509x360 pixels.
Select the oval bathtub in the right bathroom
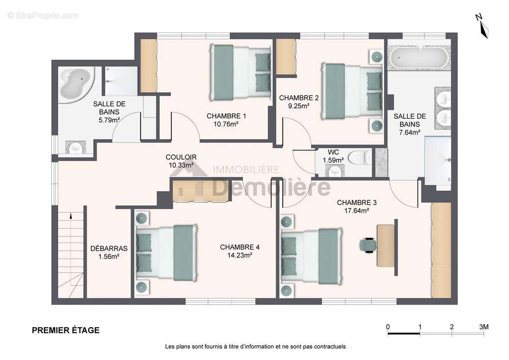[419, 58]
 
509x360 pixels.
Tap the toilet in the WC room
[359, 158]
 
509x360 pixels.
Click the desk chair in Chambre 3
[368, 245]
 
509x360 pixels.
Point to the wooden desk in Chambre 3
[385, 245]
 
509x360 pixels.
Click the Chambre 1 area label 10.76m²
[226, 124]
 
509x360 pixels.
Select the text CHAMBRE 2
[299, 98]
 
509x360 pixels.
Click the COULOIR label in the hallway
[181, 157]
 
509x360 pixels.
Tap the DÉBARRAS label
[109, 248]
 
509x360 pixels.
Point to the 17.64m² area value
[357, 211]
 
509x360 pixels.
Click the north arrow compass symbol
[483, 26]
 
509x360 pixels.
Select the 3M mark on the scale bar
[483, 327]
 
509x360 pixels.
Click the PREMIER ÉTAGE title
[66, 330]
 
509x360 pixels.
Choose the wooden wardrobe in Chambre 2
[286, 57]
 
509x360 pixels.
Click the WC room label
[333, 152]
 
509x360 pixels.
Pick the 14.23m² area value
[240, 256]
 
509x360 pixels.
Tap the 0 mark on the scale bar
[388, 327]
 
